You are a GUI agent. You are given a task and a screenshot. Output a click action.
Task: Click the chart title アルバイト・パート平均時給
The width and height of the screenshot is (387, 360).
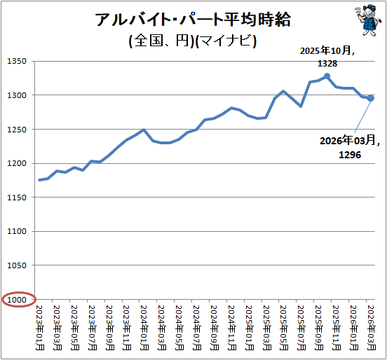click(193, 20)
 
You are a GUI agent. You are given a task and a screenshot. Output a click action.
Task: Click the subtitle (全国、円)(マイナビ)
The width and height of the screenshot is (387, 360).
click(193, 41)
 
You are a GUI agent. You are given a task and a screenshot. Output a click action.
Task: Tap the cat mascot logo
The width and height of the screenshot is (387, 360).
click(367, 20)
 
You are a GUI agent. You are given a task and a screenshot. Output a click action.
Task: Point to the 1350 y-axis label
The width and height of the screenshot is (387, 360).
click(17, 61)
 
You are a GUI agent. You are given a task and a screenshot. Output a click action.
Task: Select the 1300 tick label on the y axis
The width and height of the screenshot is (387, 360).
click(17, 95)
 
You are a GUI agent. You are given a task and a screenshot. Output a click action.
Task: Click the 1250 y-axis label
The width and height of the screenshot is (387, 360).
click(17, 130)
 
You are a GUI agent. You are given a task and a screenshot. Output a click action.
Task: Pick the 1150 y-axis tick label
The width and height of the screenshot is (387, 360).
click(17, 198)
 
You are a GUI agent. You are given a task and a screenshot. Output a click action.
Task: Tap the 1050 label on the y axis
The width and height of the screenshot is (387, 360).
click(17, 265)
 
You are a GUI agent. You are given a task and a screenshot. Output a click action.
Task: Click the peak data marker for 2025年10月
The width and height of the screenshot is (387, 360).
click(327, 76)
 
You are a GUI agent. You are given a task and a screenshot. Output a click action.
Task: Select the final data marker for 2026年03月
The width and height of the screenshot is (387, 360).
click(371, 98)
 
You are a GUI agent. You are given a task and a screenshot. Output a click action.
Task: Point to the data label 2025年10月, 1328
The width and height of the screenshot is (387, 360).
click(327, 57)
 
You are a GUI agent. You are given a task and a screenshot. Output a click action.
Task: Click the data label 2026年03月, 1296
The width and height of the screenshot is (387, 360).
click(350, 148)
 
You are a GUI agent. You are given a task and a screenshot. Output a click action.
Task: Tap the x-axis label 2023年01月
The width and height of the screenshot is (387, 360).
click(40, 328)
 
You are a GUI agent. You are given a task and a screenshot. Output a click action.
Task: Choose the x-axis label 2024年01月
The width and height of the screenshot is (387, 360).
click(144, 328)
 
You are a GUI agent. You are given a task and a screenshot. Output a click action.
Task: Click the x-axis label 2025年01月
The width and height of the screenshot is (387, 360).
click(250, 328)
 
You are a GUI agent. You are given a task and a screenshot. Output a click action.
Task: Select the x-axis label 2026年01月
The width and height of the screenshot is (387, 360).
click(354, 328)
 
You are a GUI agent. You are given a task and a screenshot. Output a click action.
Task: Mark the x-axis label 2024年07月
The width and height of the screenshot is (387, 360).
click(197, 328)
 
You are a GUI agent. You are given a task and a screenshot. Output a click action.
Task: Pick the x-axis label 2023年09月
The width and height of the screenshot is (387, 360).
click(109, 328)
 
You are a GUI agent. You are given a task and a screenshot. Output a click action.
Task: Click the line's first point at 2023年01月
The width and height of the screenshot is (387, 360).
click(39, 180)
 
